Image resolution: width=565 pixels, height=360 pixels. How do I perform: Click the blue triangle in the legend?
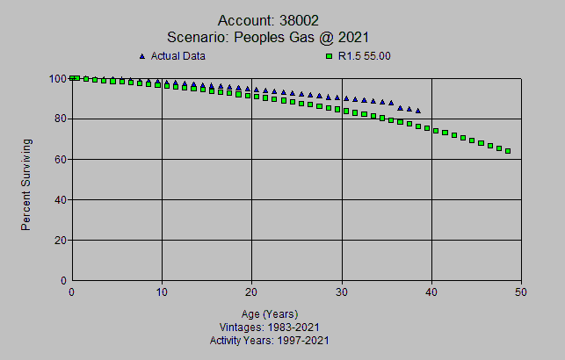coord(141,56)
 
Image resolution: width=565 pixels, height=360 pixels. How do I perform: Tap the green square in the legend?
coord(330,56)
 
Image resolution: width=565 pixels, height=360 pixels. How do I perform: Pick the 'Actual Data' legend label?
coord(178,56)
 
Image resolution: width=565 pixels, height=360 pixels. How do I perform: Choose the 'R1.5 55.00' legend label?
coord(364,56)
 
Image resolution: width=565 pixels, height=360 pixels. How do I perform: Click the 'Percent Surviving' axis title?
coord(26,184)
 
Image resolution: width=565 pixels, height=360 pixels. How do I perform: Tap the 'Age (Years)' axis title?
coord(270,313)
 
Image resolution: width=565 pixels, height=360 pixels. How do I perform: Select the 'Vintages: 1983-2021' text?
coord(270,327)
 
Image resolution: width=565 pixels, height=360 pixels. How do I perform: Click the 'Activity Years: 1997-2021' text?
coord(270,340)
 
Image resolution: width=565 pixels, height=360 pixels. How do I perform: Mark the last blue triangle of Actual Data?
coord(418,111)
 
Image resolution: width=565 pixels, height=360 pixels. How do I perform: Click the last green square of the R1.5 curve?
coord(508,151)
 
